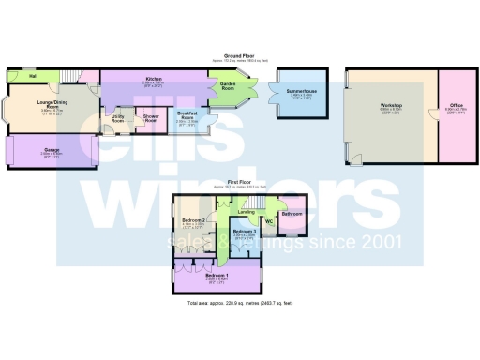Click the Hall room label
(33, 76)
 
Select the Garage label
(52, 149)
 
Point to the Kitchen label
(153, 79)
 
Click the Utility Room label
(118, 119)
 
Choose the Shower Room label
(150, 118)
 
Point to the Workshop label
(391, 107)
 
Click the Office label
(456, 105)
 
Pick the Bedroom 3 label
(244, 231)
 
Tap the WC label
(267, 221)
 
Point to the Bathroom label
(292, 214)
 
